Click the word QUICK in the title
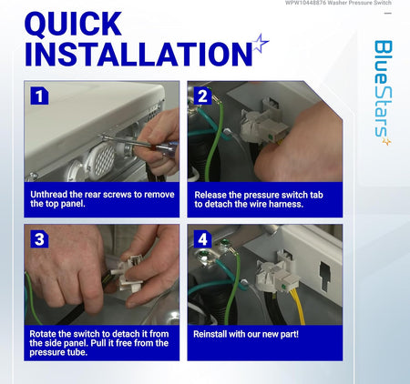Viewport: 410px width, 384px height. (x=73, y=24)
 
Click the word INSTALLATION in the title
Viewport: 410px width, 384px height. (x=138, y=55)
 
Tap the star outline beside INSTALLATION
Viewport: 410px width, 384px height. (x=261, y=44)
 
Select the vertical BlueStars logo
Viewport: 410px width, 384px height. (x=383, y=93)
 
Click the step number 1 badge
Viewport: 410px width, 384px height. (x=39, y=96)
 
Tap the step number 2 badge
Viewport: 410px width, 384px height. (x=202, y=96)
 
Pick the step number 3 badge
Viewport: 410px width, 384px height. (x=39, y=239)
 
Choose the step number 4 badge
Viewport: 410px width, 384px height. (x=202, y=239)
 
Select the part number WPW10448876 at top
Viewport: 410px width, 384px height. (x=305, y=3)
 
